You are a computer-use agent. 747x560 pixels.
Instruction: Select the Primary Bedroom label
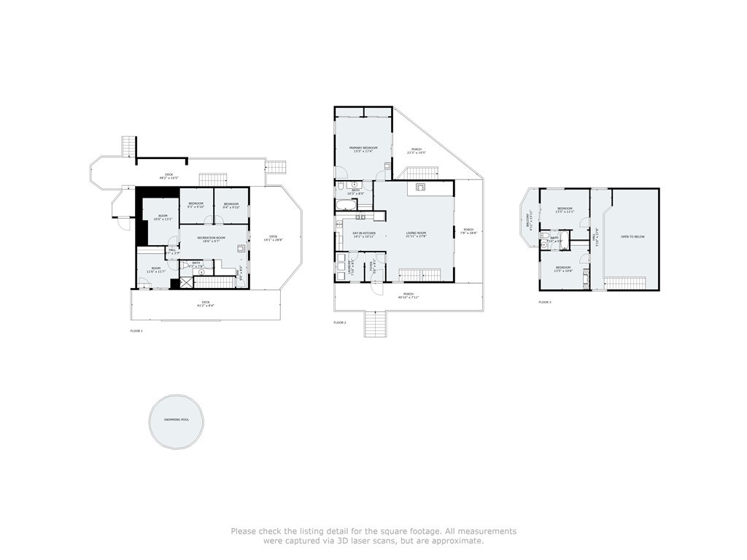[x=363, y=149]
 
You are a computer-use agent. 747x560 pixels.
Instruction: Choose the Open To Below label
[x=632, y=237]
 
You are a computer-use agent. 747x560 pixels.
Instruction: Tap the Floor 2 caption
[x=340, y=322]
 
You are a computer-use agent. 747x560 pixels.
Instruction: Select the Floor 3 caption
[x=545, y=302]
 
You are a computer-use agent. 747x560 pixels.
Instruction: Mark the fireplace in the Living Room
[x=421, y=187]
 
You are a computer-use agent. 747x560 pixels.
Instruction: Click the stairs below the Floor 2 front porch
[x=375, y=324]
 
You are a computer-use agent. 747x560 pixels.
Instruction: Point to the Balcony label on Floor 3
[x=527, y=218]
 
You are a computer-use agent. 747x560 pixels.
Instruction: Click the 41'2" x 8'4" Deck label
[x=204, y=303]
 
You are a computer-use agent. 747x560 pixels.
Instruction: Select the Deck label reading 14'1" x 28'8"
[x=274, y=238]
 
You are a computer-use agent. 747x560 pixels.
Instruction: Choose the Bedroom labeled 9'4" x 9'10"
[x=231, y=205]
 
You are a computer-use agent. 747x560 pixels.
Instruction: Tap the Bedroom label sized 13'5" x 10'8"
[x=564, y=269]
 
